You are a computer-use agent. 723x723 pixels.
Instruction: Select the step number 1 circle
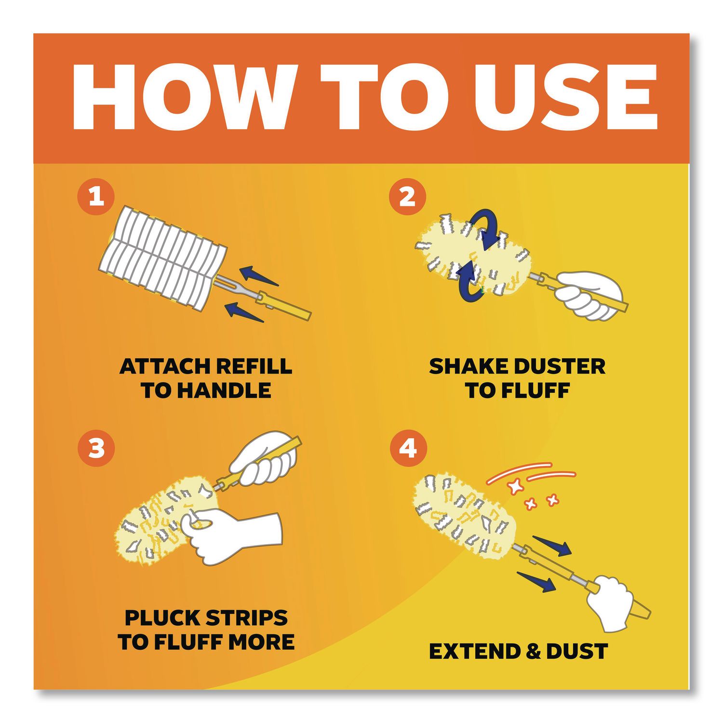click(96, 197)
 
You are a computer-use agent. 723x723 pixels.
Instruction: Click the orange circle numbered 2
click(407, 197)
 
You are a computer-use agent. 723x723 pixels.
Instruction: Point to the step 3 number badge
click(96, 448)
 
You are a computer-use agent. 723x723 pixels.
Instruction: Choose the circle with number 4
click(408, 448)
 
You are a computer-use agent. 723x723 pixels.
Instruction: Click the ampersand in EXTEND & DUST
click(533, 652)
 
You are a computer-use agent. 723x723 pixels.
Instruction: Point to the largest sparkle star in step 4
click(516, 487)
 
